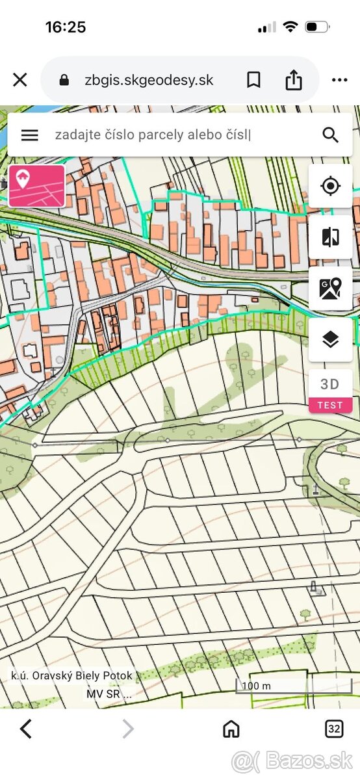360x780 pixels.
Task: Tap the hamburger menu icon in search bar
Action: tap(30, 135)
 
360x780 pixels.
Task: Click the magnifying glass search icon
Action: tap(330, 135)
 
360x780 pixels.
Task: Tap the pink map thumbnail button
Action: tap(37, 186)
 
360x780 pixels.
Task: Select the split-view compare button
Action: tap(330, 237)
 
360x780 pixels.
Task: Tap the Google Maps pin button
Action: tap(330, 288)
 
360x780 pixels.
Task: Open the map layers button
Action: tap(330, 339)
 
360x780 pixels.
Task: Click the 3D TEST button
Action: tap(330, 391)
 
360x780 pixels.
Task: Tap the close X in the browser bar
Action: tap(20, 80)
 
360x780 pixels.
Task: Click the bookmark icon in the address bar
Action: tap(253, 80)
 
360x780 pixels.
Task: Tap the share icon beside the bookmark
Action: tap(294, 80)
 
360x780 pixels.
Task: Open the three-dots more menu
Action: tap(339, 80)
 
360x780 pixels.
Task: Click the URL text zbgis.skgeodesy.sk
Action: tap(149, 80)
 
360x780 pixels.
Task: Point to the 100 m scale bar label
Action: tap(256, 686)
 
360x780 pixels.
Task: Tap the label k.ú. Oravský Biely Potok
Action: tap(71, 675)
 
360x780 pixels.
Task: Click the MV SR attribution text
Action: tap(109, 694)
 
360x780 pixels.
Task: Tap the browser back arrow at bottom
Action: tap(26, 729)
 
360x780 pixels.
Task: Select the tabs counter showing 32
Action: tap(334, 729)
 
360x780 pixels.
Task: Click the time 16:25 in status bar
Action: tap(66, 27)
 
